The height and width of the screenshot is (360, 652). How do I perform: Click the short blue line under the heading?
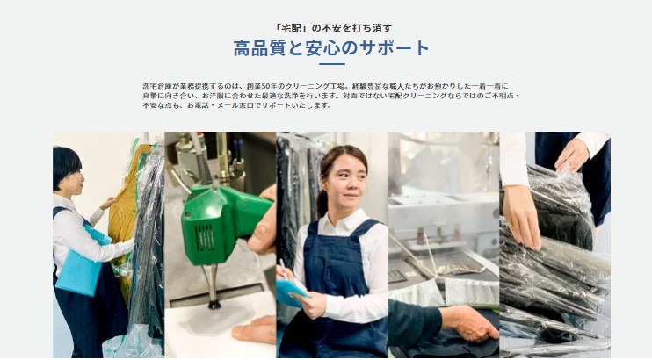331,64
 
